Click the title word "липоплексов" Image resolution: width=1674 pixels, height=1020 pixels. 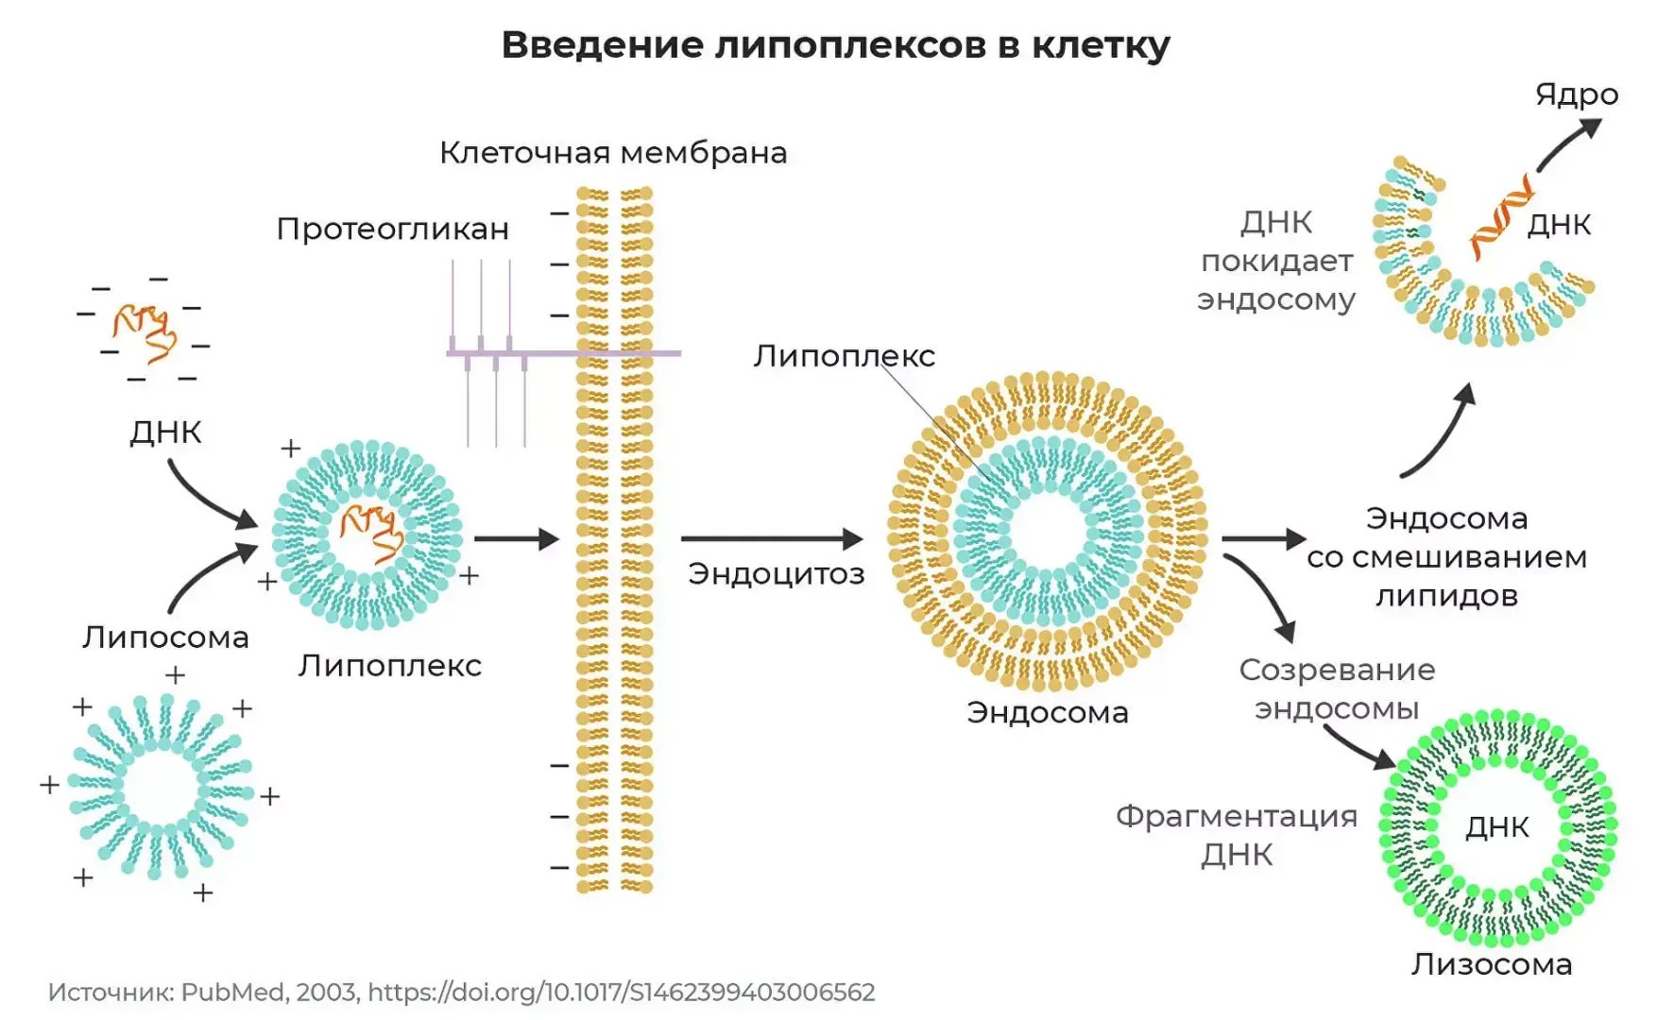[849, 45]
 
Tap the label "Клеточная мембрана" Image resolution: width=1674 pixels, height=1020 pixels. [613, 153]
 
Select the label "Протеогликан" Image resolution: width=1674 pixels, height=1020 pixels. [393, 229]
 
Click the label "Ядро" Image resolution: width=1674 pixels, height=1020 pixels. [1576, 94]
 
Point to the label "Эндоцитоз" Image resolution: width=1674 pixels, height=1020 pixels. [776, 573]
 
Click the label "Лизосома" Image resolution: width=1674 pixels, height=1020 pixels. [1492, 964]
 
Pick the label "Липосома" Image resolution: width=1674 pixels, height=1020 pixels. [165, 637]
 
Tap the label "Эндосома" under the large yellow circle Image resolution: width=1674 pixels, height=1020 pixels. [1047, 712]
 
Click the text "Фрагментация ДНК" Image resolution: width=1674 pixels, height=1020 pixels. [1237, 835]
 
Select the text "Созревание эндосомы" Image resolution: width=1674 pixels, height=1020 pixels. [1337, 688]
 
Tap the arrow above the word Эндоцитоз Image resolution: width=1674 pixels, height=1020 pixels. [771, 539]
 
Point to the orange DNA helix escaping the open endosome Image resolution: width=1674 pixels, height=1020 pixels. [1500, 217]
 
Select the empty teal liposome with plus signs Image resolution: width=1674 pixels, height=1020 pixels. [161, 787]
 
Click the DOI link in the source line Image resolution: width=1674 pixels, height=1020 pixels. [621, 993]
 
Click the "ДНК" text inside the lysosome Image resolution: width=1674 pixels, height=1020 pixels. [1497, 827]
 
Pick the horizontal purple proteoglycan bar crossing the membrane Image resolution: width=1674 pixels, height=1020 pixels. [563, 353]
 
